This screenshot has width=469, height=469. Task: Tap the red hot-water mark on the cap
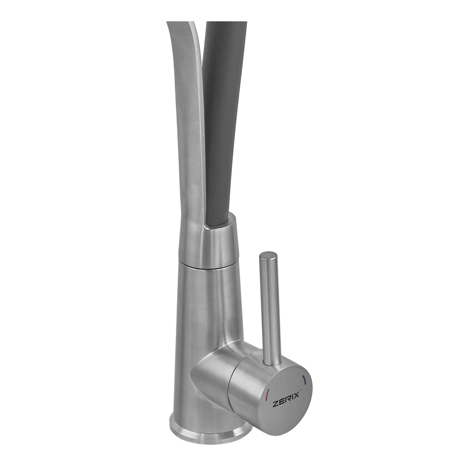point(267,393)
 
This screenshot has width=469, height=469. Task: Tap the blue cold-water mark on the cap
point(304,380)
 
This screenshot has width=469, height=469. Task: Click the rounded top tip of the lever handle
point(269,255)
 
